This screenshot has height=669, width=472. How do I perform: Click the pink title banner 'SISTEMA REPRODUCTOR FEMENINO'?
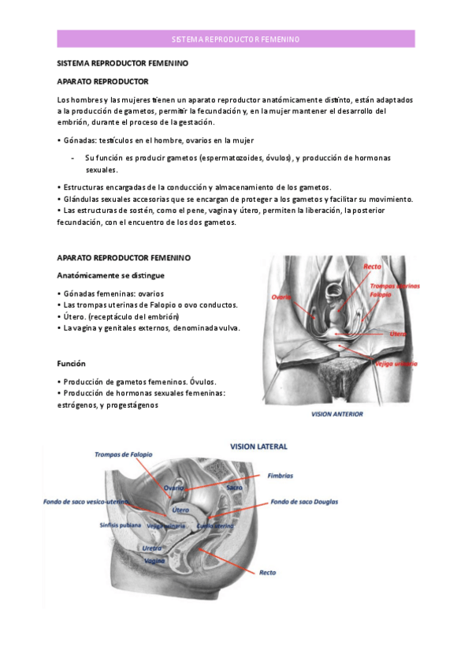pos(236,39)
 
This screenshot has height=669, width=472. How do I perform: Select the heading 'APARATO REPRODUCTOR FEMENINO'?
pos(124,258)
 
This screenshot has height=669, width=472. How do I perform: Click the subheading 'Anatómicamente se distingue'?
pos(110,275)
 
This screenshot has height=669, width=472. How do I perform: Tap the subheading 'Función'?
pos(72,364)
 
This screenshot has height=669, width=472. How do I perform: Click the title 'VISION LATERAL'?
pos(258,447)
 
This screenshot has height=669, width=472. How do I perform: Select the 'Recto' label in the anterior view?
pos(372,267)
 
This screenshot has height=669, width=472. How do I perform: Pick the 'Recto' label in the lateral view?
pos(268,572)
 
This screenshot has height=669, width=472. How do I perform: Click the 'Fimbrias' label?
pos(281,476)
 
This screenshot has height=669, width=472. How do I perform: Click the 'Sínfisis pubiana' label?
pos(121,525)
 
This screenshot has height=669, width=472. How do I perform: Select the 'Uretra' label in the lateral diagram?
pos(151,548)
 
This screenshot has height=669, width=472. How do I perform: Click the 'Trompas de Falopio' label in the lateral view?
pos(124,455)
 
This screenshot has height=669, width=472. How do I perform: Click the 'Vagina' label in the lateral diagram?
pos(155,559)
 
